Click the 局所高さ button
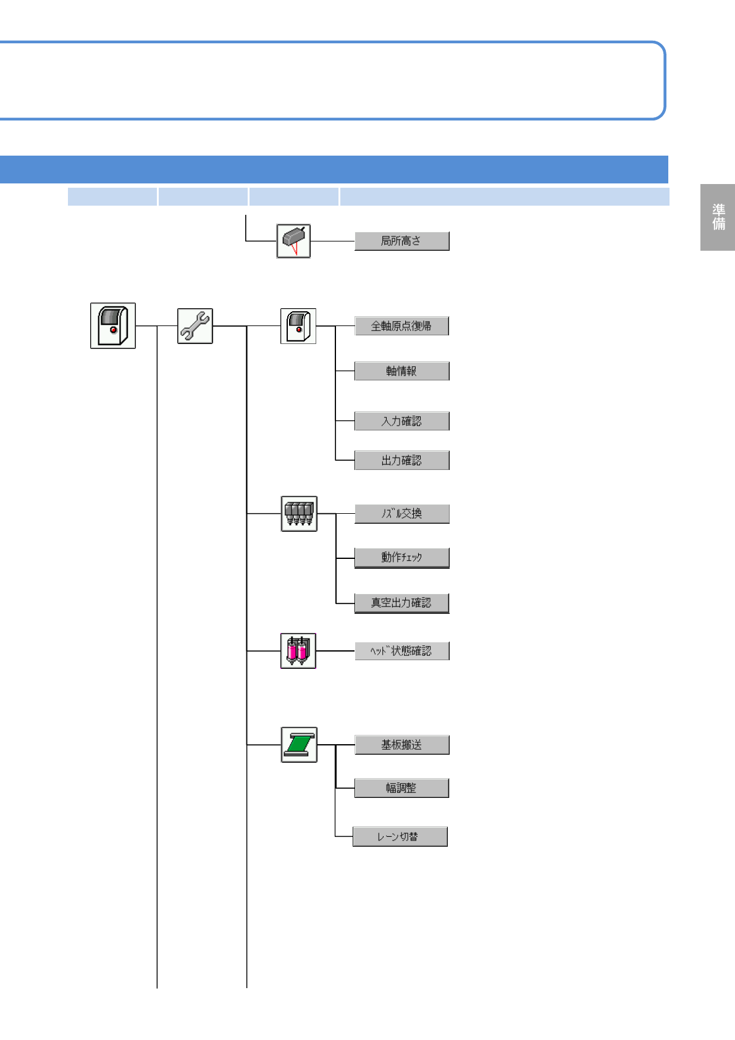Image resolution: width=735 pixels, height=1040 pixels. pyautogui.click(x=401, y=241)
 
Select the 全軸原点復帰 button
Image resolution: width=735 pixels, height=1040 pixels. pyautogui.click(x=401, y=325)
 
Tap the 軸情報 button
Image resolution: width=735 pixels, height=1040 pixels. pyautogui.click(x=401, y=371)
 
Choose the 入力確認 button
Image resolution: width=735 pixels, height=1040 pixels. pyautogui.click(x=401, y=421)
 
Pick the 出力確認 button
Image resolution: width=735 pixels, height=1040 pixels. pyautogui.click(x=401, y=460)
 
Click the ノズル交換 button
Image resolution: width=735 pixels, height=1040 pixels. pyautogui.click(x=401, y=514)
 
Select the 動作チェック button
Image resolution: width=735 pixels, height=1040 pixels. pyautogui.click(x=401, y=558)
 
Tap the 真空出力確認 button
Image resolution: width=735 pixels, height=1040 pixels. pyautogui.click(x=401, y=603)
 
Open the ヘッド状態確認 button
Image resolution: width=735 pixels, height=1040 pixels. pyautogui.click(x=401, y=651)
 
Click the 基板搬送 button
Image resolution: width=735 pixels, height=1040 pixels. pyautogui.click(x=401, y=745)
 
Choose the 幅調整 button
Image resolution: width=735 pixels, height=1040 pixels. pyautogui.click(x=401, y=788)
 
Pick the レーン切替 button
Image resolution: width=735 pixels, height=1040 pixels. pyautogui.click(x=400, y=837)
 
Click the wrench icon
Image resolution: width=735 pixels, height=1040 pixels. pyautogui.click(x=195, y=326)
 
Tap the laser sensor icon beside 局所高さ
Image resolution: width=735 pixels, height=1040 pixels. pyautogui.click(x=293, y=241)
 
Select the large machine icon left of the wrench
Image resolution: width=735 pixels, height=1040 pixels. pyautogui.click(x=113, y=325)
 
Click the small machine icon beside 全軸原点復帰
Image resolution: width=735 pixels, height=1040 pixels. pyautogui.click(x=298, y=326)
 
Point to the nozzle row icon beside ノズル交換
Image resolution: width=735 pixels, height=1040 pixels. pyautogui.click(x=299, y=514)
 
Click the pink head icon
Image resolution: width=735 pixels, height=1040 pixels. pyautogui.click(x=298, y=651)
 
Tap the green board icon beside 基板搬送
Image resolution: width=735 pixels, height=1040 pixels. pyautogui.click(x=299, y=745)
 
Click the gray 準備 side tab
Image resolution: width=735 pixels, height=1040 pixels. pyautogui.click(x=718, y=217)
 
